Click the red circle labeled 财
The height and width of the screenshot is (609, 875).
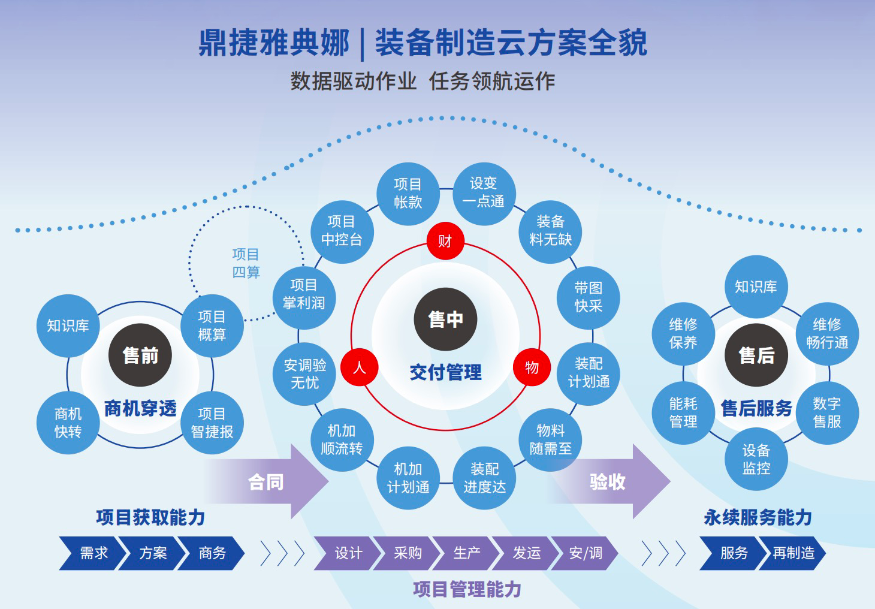[x=445, y=240]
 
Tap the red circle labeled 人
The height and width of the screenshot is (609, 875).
[x=360, y=367]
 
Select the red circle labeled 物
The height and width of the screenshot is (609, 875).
[x=532, y=367]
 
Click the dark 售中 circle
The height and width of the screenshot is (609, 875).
[x=445, y=319]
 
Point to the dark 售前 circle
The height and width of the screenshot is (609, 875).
[x=140, y=355]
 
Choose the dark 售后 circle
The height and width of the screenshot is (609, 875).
[x=756, y=355]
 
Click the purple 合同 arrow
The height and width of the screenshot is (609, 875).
[x=270, y=481]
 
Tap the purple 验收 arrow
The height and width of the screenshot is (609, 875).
[x=611, y=481]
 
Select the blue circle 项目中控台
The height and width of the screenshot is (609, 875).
[x=342, y=232]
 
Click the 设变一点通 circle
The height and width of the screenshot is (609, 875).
[x=484, y=194]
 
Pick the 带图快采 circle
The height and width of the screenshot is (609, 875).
[x=589, y=298]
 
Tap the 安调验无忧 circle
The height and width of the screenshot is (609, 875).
[x=304, y=374]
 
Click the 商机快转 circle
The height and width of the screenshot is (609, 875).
[x=68, y=423]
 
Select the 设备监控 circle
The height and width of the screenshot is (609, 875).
[x=756, y=459]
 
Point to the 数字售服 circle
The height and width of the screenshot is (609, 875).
[x=827, y=413]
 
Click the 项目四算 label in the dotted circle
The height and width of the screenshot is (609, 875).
[x=246, y=263]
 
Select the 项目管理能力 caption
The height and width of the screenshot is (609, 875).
[x=467, y=589]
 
